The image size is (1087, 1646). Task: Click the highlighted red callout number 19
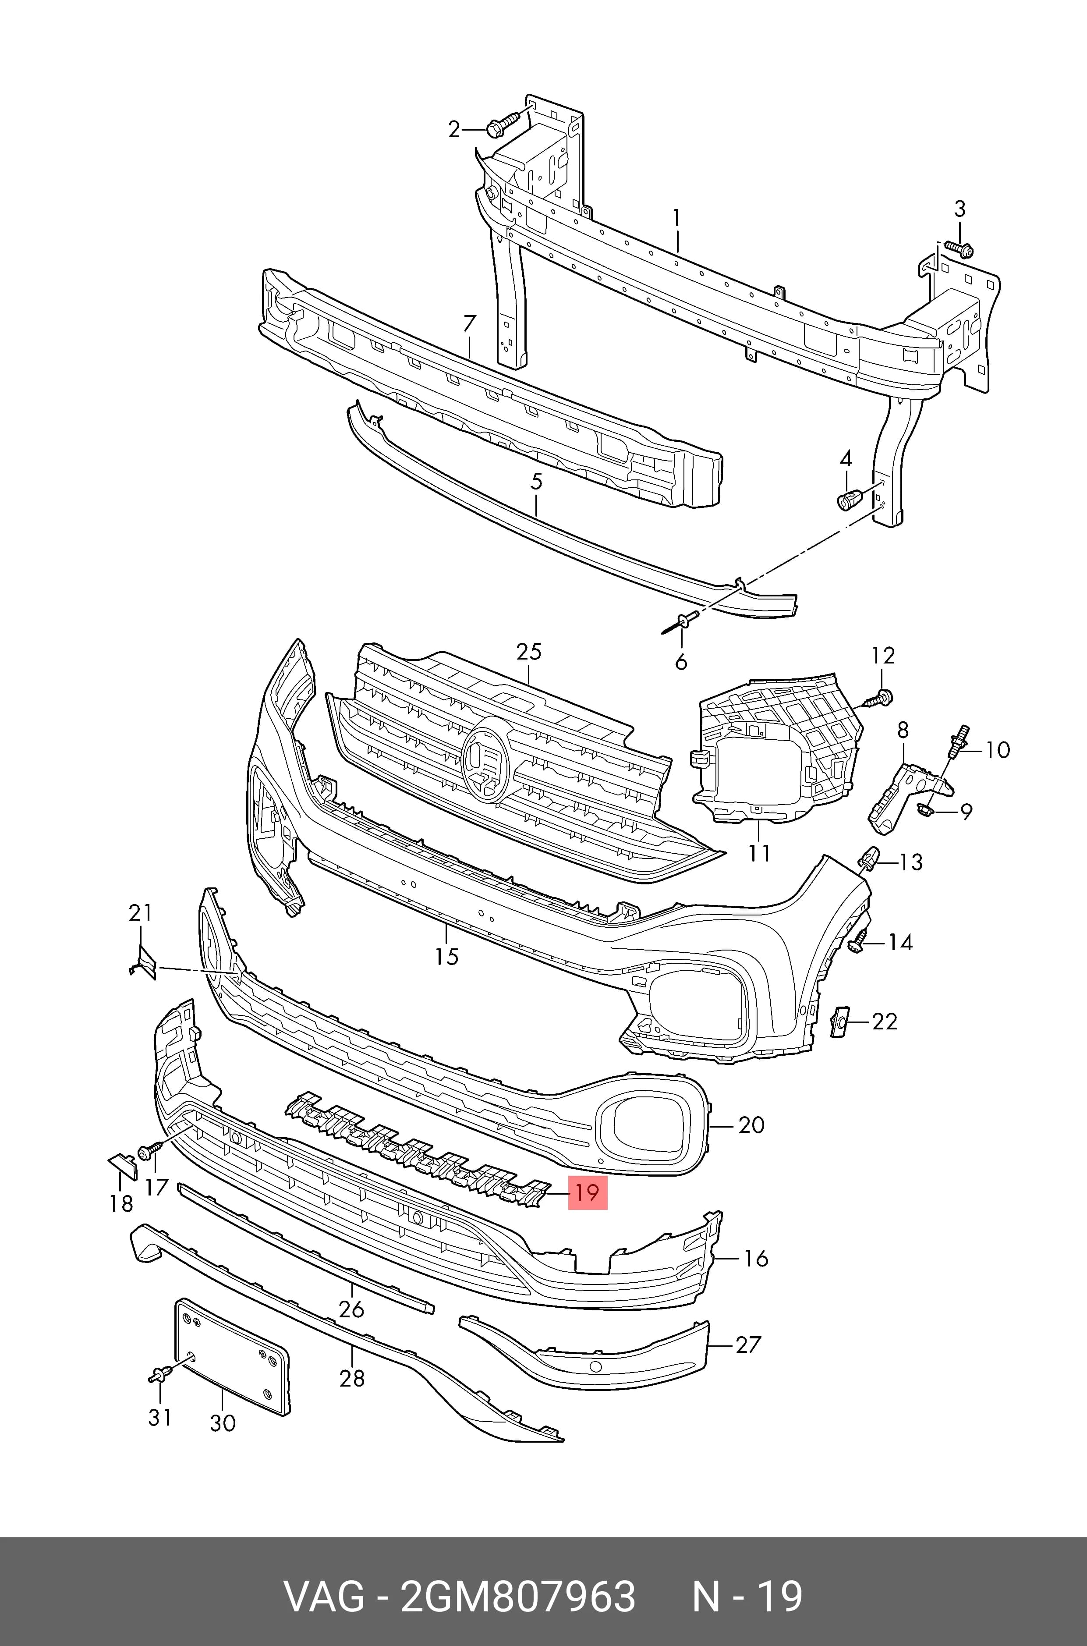[587, 1192]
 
